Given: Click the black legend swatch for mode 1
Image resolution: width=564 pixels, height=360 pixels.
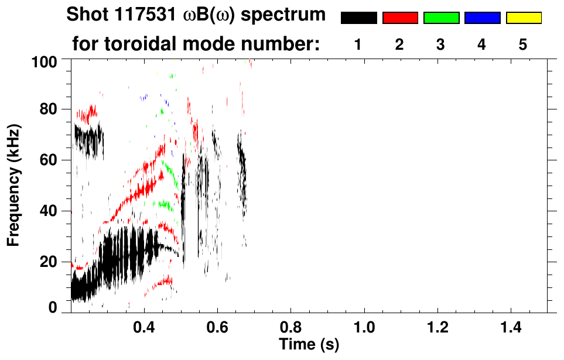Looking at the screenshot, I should coord(358,18).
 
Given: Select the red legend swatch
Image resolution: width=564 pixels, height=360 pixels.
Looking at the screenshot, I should coord(400,18).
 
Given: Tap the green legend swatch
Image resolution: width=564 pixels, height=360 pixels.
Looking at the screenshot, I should coord(441,18).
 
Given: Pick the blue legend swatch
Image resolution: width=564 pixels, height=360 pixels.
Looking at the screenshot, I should coord(482,18).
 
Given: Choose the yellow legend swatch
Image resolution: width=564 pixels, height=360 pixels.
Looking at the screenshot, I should coord(524,18).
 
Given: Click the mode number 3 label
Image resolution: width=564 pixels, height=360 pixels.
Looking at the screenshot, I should coord(440,44).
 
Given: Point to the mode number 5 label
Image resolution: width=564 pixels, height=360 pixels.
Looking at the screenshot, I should coord(523,44).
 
